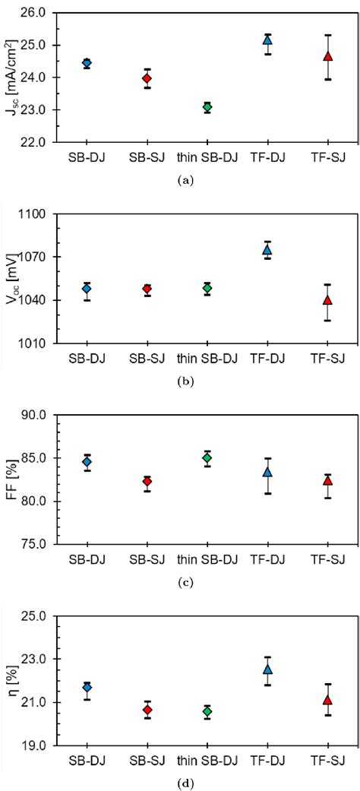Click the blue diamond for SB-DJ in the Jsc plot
[x=87, y=63]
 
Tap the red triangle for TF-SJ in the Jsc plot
[x=328, y=56]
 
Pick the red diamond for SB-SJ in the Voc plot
[x=147, y=290]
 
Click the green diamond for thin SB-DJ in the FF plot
[x=207, y=457]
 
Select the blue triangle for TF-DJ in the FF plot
[x=267, y=472]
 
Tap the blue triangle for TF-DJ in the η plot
[x=267, y=669]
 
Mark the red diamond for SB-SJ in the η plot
[x=147, y=710]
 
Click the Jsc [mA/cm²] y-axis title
[x=12, y=76]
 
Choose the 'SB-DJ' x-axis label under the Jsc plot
[x=87, y=157]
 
